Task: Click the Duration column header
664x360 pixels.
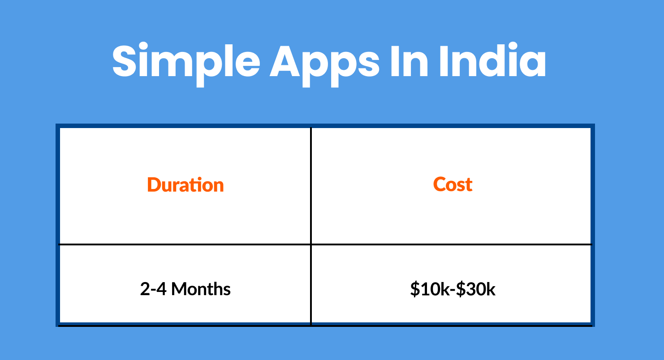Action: pos(185,185)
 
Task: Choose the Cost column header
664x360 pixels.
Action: pos(453,184)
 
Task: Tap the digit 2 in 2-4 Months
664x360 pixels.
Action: pos(145,289)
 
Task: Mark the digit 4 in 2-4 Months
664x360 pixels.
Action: pos(161,289)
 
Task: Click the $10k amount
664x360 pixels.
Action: pos(429,289)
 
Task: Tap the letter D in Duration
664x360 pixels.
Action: pos(154,185)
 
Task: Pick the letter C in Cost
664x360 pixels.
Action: pos(440,184)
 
